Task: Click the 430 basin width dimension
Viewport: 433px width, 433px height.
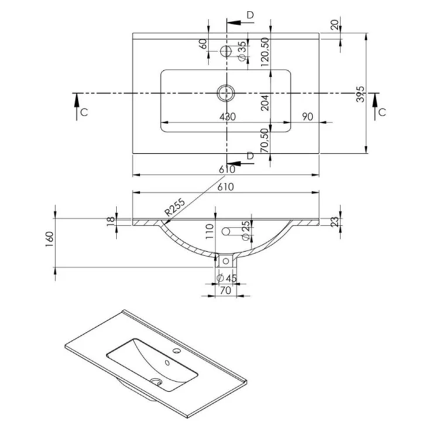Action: pyautogui.click(x=228, y=117)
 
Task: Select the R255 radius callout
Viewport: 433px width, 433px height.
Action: pyautogui.click(x=174, y=208)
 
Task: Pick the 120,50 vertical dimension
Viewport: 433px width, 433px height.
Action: pyautogui.click(x=264, y=51)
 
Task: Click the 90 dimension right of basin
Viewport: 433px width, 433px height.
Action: pyautogui.click(x=308, y=117)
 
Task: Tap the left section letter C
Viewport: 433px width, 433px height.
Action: pyautogui.click(x=84, y=112)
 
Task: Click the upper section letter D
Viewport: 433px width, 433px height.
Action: pyautogui.click(x=250, y=15)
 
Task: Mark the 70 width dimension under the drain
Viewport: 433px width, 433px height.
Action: pyautogui.click(x=225, y=290)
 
